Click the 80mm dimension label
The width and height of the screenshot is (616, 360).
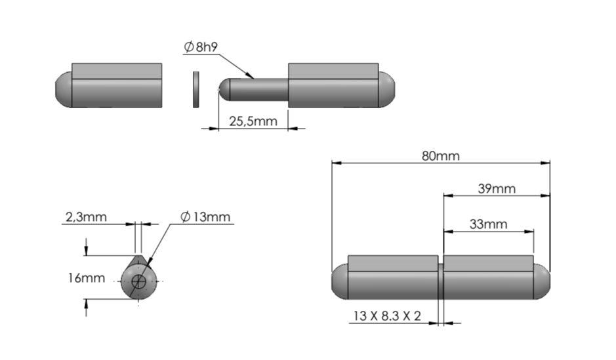click(440, 156)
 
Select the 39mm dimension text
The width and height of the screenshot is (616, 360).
click(496, 189)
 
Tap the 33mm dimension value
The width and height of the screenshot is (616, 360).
click(488, 224)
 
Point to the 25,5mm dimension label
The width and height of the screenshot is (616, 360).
click(253, 121)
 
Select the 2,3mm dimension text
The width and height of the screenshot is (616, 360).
click(85, 216)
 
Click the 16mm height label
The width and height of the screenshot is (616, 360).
click(86, 278)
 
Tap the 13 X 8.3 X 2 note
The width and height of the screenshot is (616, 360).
click(386, 316)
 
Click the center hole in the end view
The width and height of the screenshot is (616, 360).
click(139, 283)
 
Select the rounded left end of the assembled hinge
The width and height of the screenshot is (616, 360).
click(340, 281)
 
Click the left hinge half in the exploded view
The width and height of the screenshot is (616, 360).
click(116, 85)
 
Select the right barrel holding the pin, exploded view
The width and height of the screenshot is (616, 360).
click(333, 85)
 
